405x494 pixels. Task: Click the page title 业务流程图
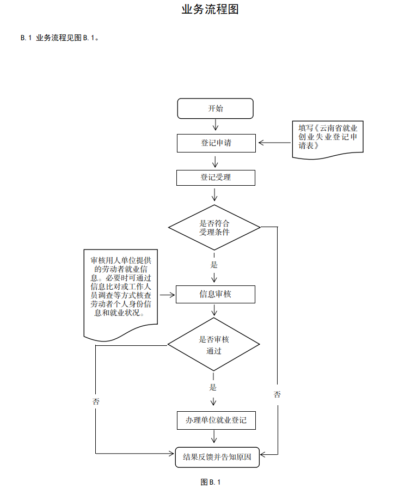[x=210, y=9]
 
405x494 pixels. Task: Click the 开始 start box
[x=216, y=108]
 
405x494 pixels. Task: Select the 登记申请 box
[x=216, y=143]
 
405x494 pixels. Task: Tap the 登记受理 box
[x=216, y=178]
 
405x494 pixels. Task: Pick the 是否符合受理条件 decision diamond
[x=214, y=227]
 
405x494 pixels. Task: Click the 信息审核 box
[x=216, y=295]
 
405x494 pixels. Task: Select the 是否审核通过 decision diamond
[x=213, y=345]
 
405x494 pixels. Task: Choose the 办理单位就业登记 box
[x=216, y=420]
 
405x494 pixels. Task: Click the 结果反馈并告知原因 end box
[x=217, y=457]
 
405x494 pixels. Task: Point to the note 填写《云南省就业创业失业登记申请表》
[x=328, y=138]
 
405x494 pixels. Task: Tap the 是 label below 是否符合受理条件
[x=214, y=265]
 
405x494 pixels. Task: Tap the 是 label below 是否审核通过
[x=213, y=387]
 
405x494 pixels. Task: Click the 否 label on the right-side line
[x=277, y=394]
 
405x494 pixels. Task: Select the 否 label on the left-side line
[x=96, y=401]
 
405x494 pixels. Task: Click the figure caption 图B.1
[x=210, y=482]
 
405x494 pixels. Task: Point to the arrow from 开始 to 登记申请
[x=216, y=126]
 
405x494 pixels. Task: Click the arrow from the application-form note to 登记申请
[x=275, y=143]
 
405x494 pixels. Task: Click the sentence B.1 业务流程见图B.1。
[x=59, y=38]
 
